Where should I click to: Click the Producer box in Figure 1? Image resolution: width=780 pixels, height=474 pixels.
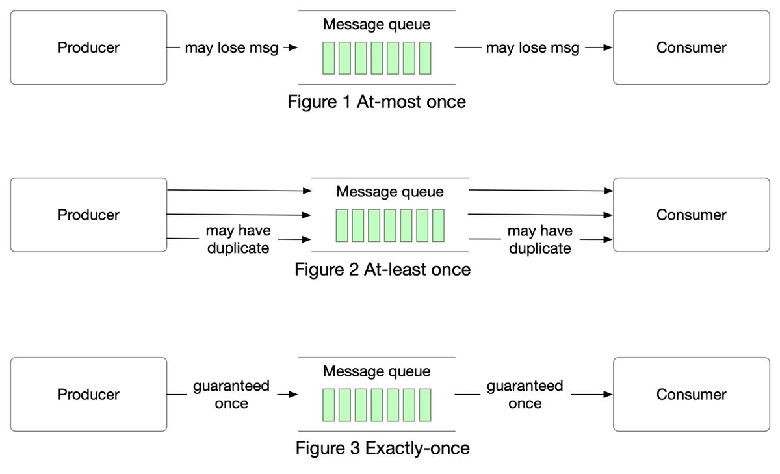(88, 47)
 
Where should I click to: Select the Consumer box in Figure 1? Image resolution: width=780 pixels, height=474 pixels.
(691, 47)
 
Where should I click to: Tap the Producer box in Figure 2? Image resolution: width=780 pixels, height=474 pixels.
(88, 215)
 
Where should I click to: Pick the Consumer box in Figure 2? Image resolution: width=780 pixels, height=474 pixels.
(691, 215)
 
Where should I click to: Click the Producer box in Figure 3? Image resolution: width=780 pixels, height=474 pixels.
(88, 394)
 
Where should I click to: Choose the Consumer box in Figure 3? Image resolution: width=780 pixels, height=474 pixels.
(691, 394)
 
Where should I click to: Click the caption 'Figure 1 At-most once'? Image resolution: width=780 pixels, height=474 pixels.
(376, 102)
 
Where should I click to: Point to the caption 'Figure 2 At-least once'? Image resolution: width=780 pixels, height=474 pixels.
(382, 269)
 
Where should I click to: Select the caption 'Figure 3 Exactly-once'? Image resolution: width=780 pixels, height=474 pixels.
(382, 448)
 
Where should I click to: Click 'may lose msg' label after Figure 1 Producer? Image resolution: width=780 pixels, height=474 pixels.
(231, 47)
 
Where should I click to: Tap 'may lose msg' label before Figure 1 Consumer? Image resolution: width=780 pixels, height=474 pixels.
(532, 47)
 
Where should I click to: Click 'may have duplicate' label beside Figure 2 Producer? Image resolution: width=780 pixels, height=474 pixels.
(238, 239)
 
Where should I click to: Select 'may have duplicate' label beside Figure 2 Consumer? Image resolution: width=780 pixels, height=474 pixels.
(539, 239)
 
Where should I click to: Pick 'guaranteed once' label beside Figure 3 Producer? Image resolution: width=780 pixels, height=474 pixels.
(231, 395)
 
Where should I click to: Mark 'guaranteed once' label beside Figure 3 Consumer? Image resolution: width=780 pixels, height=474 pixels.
(525, 395)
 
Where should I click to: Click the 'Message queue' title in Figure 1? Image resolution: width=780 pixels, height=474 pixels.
(376, 25)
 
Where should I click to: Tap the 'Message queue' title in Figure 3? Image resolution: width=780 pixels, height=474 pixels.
(376, 371)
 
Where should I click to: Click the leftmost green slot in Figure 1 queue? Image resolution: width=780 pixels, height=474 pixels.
(328, 58)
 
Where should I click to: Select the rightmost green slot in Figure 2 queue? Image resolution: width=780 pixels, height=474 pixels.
(437, 225)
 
